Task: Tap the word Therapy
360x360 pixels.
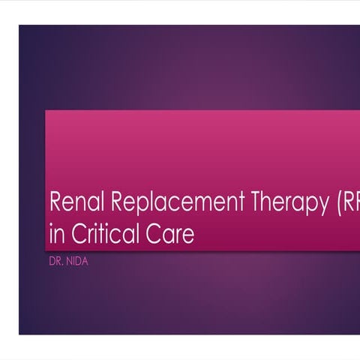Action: pos(277,203)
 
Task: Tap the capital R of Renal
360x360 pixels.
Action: pos(54,202)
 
